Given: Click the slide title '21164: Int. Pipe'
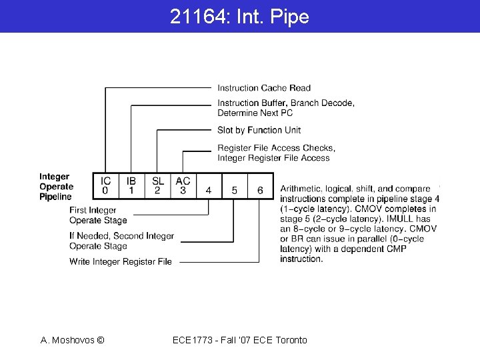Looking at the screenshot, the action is click(x=239, y=17).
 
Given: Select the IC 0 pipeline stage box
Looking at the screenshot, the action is click(x=105, y=186).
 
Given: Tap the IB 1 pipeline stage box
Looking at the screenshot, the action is click(x=131, y=186).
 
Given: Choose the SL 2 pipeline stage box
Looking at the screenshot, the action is click(x=157, y=186).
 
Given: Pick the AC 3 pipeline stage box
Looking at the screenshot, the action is click(x=183, y=186).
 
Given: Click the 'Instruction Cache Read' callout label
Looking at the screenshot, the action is click(x=264, y=88).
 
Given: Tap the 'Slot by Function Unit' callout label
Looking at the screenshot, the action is click(x=259, y=130).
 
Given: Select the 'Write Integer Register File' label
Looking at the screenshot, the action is click(x=121, y=262).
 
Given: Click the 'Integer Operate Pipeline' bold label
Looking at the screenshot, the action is click(x=56, y=187).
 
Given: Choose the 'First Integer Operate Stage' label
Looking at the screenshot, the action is click(x=97, y=215).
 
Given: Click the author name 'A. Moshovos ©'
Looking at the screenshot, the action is click(x=72, y=340).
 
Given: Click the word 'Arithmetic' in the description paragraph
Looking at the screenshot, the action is click(x=301, y=189).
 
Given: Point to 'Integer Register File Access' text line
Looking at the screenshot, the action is click(x=273, y=158).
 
